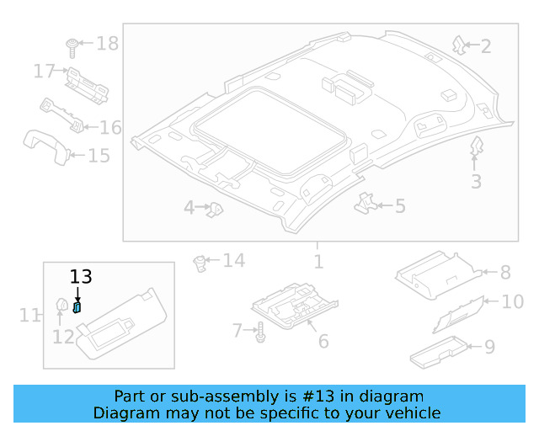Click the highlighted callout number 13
(x=80, y=277)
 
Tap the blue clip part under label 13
(x=77, y=307)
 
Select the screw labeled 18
(x=73, y=43)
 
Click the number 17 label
(x=45, y=72)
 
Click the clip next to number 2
(x=459, y=45)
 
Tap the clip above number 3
(x=476, y=147)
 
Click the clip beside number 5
(x=366, y=202)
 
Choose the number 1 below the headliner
(x=318, y=262)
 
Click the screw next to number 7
(x=260, y=333)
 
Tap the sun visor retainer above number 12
(x=61, y=304)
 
